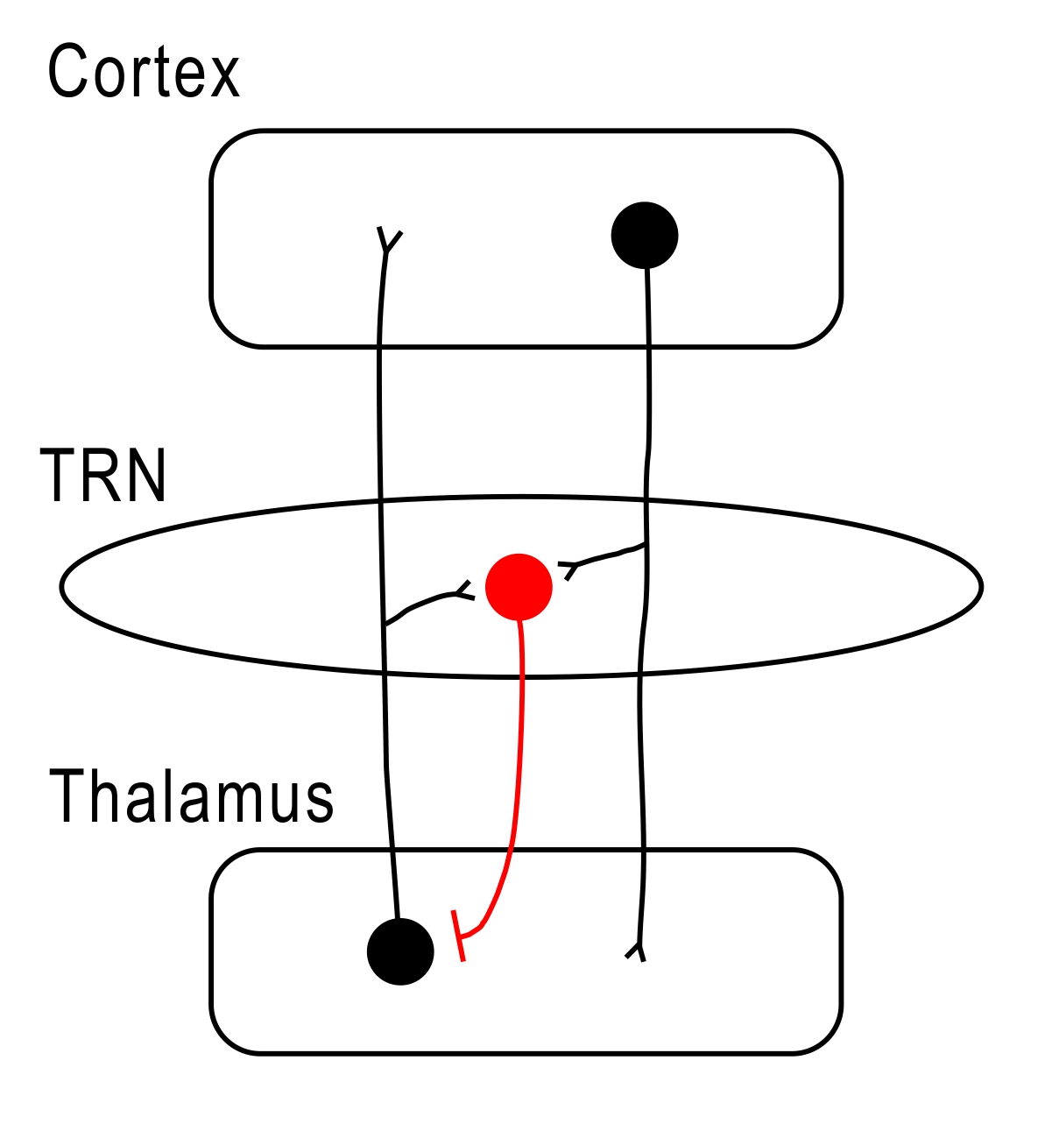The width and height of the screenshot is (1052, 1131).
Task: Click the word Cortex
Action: (x=143, y=72)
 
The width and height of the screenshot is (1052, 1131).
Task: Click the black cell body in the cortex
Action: (x=644, y=235)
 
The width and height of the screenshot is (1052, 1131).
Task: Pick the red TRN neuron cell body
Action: (x=519, y=587)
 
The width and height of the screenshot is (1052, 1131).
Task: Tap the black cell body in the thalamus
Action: (x=400, y=951)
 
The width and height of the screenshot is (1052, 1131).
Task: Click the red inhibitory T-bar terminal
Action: (x=458, y=937)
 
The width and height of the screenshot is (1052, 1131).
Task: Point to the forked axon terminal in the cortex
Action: (x=386, y=241)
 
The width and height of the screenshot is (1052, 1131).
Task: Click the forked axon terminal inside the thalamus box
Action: (x=638, y=951)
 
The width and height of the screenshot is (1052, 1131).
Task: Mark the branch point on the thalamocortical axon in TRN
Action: (x=385, y=625)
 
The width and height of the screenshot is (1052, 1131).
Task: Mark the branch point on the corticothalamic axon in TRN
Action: (x=646, y=545)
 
